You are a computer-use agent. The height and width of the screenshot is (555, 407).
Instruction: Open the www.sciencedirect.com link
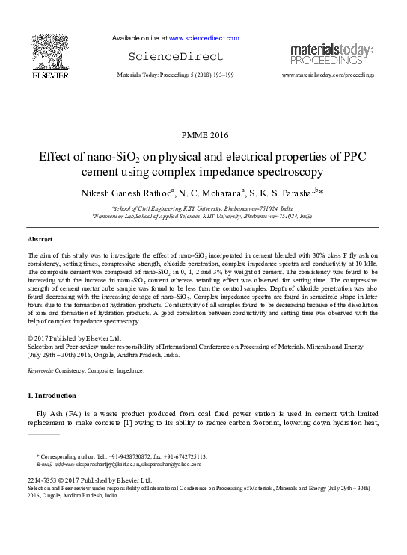coord(204,37)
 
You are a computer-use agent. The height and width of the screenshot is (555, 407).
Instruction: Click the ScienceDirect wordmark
coord(176,57)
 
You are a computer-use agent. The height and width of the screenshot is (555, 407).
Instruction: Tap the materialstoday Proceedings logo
coord(331,54)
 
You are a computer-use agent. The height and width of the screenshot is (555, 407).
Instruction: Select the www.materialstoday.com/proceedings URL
coord(328,76)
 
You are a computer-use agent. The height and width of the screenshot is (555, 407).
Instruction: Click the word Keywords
coord(43,370)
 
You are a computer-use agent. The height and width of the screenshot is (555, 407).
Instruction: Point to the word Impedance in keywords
coord(129,370)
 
